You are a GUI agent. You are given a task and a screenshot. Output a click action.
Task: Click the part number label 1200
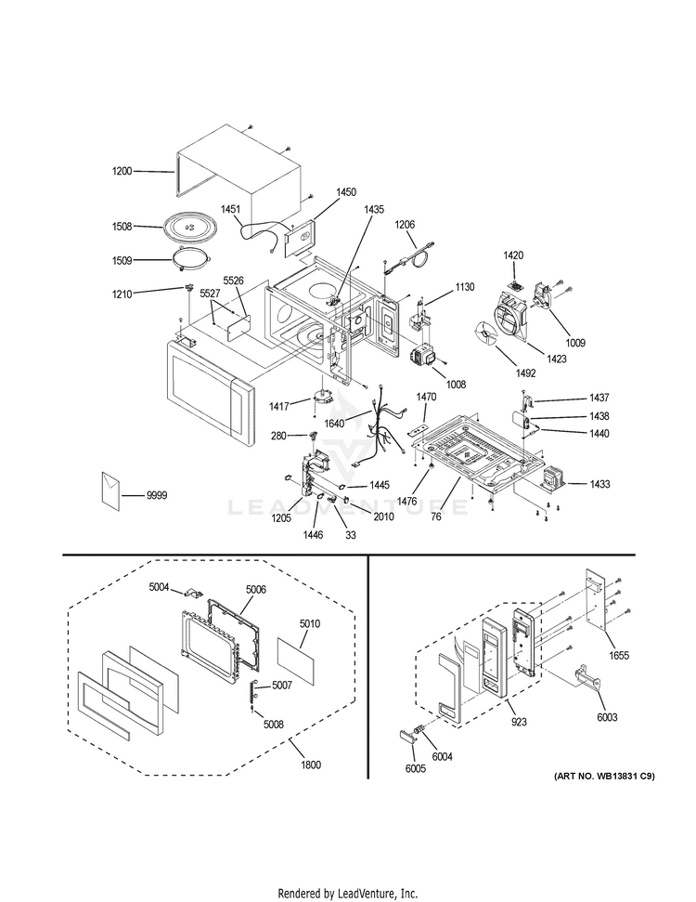pyautogui.click(x=122, y=171)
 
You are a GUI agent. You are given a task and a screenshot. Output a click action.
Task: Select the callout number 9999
pyautogui.click(x=157, y=496)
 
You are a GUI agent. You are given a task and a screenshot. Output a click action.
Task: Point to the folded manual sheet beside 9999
pyautogui.click(x=110, y=492)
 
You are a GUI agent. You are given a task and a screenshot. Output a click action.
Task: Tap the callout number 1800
pyautogui.click(x=311, y=765)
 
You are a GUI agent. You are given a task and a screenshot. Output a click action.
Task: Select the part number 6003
pyautogui.click(x=608, y=717)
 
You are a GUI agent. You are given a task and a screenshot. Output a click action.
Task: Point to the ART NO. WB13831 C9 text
pyautogui.click(x=604, y=775)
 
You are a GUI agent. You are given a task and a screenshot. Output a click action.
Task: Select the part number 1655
pyautogui.click(x=619, y=656)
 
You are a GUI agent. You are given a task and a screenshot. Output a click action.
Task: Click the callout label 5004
pyautogui.click(x=161, y=586)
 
